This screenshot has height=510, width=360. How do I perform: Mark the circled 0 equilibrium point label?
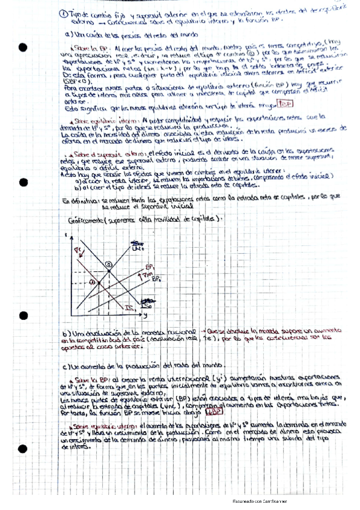108,264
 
